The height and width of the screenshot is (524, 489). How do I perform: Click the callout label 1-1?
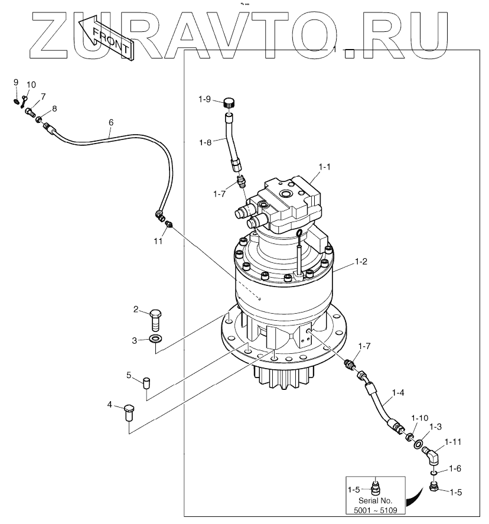coord(324,168)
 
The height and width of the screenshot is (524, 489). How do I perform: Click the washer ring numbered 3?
coord(156,340)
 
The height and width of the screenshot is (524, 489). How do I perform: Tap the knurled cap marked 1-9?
coord(229,103)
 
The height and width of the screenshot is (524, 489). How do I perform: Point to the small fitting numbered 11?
coord(169,224)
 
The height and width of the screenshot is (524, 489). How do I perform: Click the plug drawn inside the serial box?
coord(376,486)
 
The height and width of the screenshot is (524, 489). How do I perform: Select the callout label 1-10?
coord(420,418)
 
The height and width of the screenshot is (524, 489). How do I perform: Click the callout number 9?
coord(16,82)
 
